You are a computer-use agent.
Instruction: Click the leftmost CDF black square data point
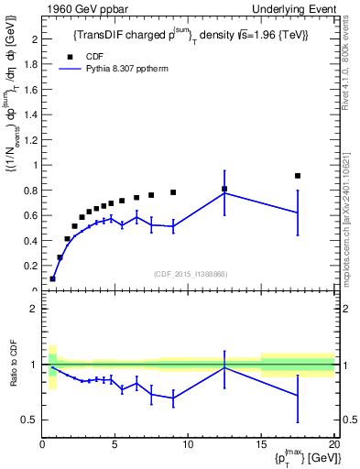point(52,278)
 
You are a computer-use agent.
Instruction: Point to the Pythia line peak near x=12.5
point(224,192)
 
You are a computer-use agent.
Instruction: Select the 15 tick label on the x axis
point(261,446)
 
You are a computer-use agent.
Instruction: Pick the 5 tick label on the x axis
point(115,446)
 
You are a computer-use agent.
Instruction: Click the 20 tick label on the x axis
point(333,446)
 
